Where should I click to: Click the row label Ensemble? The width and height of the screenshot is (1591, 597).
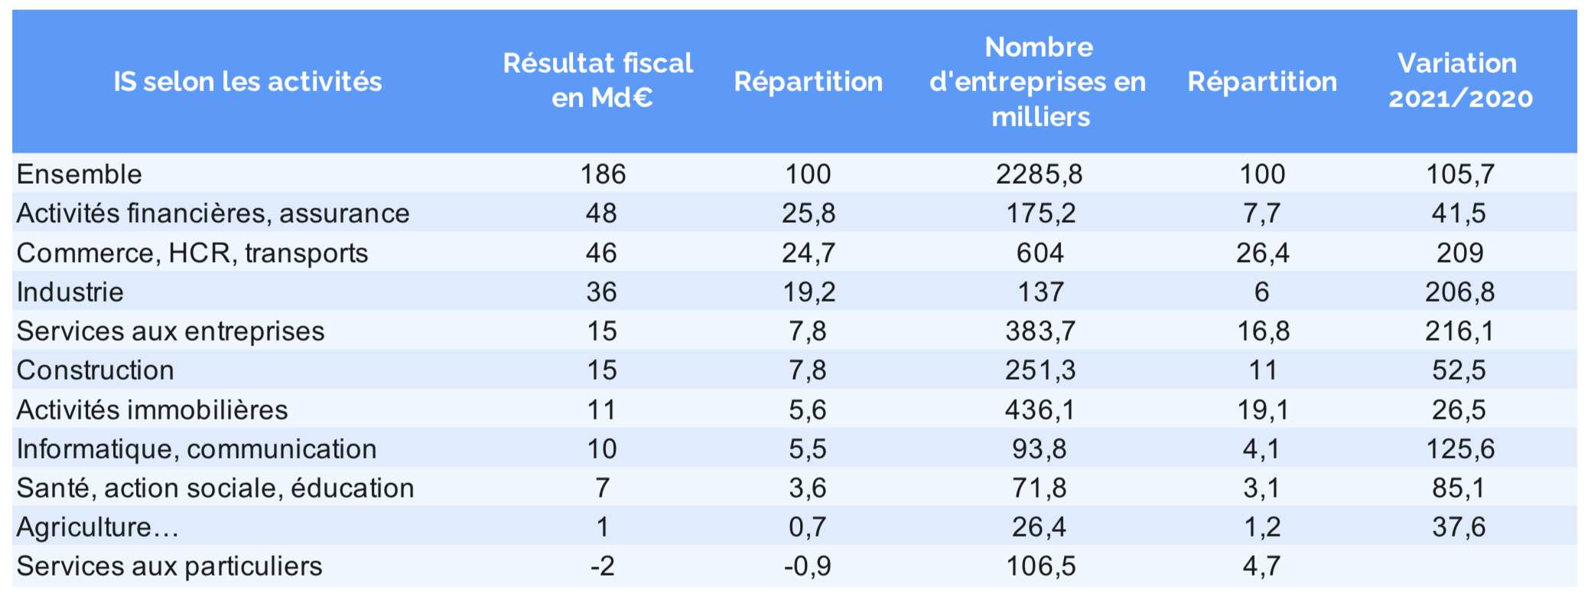click(80, 175)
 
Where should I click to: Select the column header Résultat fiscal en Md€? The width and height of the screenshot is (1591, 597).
click(598, 80)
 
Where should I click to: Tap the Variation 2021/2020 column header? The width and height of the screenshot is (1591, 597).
click(1459, 80)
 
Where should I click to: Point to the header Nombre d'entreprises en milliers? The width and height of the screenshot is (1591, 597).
click(1039, 82)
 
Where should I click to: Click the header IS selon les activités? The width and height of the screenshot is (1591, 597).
click(247, 82)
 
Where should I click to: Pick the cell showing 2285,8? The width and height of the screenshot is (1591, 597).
click(1039, 175)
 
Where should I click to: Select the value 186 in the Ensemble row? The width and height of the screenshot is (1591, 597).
click(603, 175)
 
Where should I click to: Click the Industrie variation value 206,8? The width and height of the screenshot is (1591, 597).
click(1459, 292)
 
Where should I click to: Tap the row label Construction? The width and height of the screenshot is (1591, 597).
click(96, 370)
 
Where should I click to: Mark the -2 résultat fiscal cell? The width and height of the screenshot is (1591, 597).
click(602, 566)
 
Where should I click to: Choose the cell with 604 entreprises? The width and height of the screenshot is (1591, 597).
click(1040, 253)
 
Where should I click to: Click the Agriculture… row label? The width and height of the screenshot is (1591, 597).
click(98, 527)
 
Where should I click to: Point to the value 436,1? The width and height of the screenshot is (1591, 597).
click(1040, 410)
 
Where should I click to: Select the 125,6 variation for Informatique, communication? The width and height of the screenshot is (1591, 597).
click(1459, 449)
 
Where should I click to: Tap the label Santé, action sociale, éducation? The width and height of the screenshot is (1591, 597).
click(215, 488)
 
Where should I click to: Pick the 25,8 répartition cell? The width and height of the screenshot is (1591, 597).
click(808, 214)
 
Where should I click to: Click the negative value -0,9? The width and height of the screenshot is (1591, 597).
click(807, 566)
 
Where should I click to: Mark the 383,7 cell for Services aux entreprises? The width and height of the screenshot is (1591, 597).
click(1040, 331)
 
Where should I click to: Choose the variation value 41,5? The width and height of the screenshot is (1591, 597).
click(1459, 214)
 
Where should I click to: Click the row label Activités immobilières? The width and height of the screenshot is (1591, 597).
click(152, 410)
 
